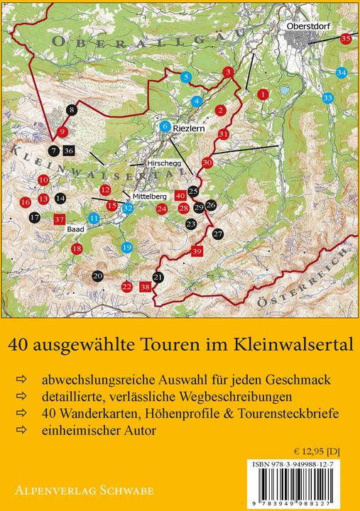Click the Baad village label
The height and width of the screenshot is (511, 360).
[x=75, y=230]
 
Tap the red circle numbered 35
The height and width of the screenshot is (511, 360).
[x=346, y=39]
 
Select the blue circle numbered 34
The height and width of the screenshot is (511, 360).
[x=342, y=72]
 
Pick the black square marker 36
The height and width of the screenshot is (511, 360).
[x=68, y=150]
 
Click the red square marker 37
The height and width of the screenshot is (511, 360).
[x=60, y=219]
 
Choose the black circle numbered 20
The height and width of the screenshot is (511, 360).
[x=98, y=275]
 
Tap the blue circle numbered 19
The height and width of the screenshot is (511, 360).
[x=126, y=247]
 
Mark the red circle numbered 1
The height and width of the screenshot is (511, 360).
[x=263, y=93]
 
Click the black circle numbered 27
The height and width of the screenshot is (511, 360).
[x=218, y=233]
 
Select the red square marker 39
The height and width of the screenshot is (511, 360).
[x=197, y=251]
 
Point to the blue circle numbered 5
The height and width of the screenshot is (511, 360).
[x=185, y=76]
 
